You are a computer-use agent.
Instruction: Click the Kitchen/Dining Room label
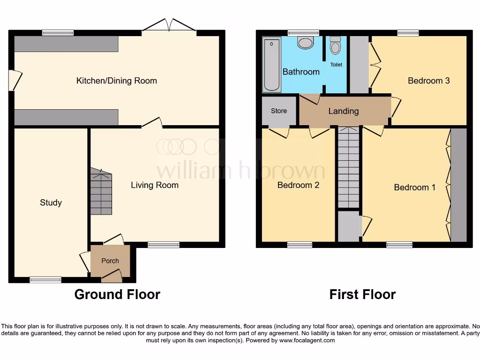116,81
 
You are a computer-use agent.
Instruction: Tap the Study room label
51,202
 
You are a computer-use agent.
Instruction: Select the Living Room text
154,185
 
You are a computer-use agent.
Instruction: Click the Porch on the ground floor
110,261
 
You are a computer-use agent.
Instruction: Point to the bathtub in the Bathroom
271,66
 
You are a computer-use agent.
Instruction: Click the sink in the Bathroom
305,44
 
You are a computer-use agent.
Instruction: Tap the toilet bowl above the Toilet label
336,46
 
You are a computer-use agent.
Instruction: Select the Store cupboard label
278,111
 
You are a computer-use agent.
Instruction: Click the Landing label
343,111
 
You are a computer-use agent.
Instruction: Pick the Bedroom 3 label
428,81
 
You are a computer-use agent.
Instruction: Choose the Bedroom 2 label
298,185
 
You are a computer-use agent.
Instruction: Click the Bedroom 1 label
414,187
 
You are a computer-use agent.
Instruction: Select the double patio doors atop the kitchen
169,26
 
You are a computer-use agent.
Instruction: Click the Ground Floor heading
117,294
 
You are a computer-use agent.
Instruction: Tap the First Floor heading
362,294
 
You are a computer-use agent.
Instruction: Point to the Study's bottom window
45,280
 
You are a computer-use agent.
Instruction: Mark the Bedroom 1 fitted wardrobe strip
458,185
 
